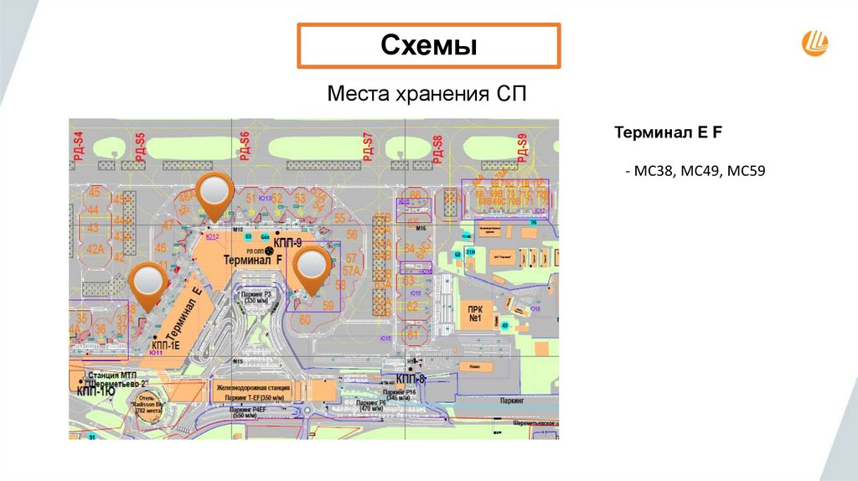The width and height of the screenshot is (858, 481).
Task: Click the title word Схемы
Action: point(429,46)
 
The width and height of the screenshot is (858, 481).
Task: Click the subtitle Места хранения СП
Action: point(427,93)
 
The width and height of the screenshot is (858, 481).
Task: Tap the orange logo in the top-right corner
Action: point(815,42)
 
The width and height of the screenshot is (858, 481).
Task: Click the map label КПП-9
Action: point(287,243)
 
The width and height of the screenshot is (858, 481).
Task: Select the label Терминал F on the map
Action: point(252,261)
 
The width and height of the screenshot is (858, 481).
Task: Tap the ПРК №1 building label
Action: point(473,313)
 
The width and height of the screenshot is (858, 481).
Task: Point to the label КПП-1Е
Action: point(167,344)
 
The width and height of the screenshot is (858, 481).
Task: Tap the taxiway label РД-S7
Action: point(367,147)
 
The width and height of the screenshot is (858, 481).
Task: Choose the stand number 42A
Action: point(95,247)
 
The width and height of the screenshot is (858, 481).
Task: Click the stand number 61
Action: point(412,335)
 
